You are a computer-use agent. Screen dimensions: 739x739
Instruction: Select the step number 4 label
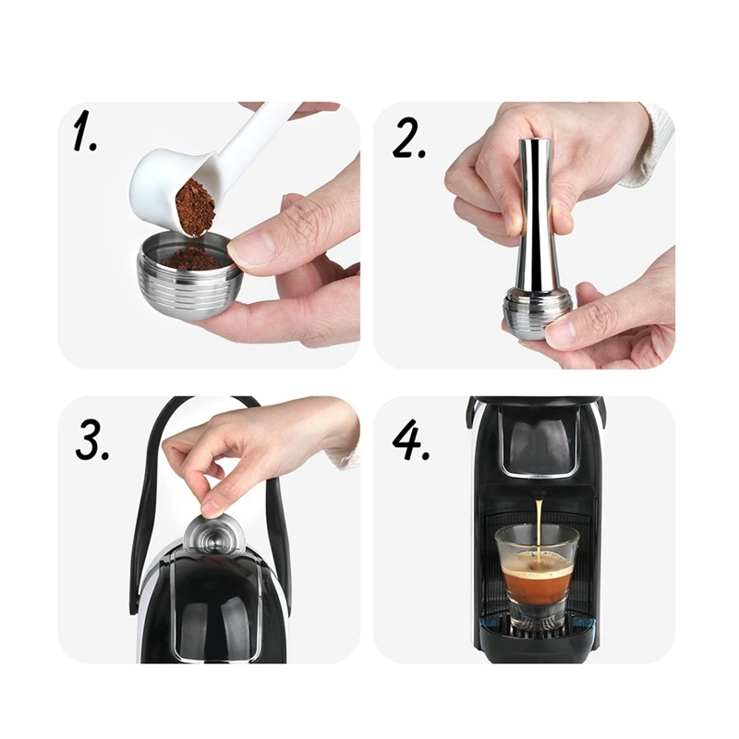click(410, 440)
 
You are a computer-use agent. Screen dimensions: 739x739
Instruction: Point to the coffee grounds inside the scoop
click(195, 207)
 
